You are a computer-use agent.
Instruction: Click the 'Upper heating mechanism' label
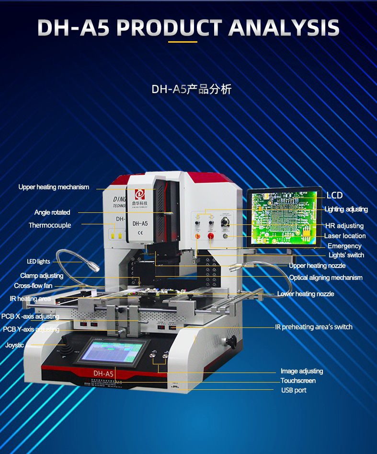(x=54, y=187)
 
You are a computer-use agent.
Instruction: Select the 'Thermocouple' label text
(x=49, y=225)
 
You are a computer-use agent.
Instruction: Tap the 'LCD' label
(x=334, y=196)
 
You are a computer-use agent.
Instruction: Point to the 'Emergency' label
(x=344, y=246)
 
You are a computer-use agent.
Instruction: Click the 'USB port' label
(x=294, y=390)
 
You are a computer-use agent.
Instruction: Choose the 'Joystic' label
(x=14, y=345)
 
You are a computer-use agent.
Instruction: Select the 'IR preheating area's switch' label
(x=313, y=327)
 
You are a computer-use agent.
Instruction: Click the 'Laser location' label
(x=344, y=236)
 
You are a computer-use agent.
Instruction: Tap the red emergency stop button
(x=210, y=235)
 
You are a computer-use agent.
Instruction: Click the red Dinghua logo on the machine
(x=140, y=194)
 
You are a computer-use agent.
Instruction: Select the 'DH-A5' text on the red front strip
(x=103, y=373)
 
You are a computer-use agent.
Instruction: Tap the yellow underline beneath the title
(x=183, y=42)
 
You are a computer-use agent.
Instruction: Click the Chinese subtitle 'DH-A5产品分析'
(x=192, y=89)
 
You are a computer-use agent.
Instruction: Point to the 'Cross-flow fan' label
(x=33, y=286)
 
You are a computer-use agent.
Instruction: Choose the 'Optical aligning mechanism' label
(x=326, y=278)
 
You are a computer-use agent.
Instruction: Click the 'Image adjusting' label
(x=302, y=371)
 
